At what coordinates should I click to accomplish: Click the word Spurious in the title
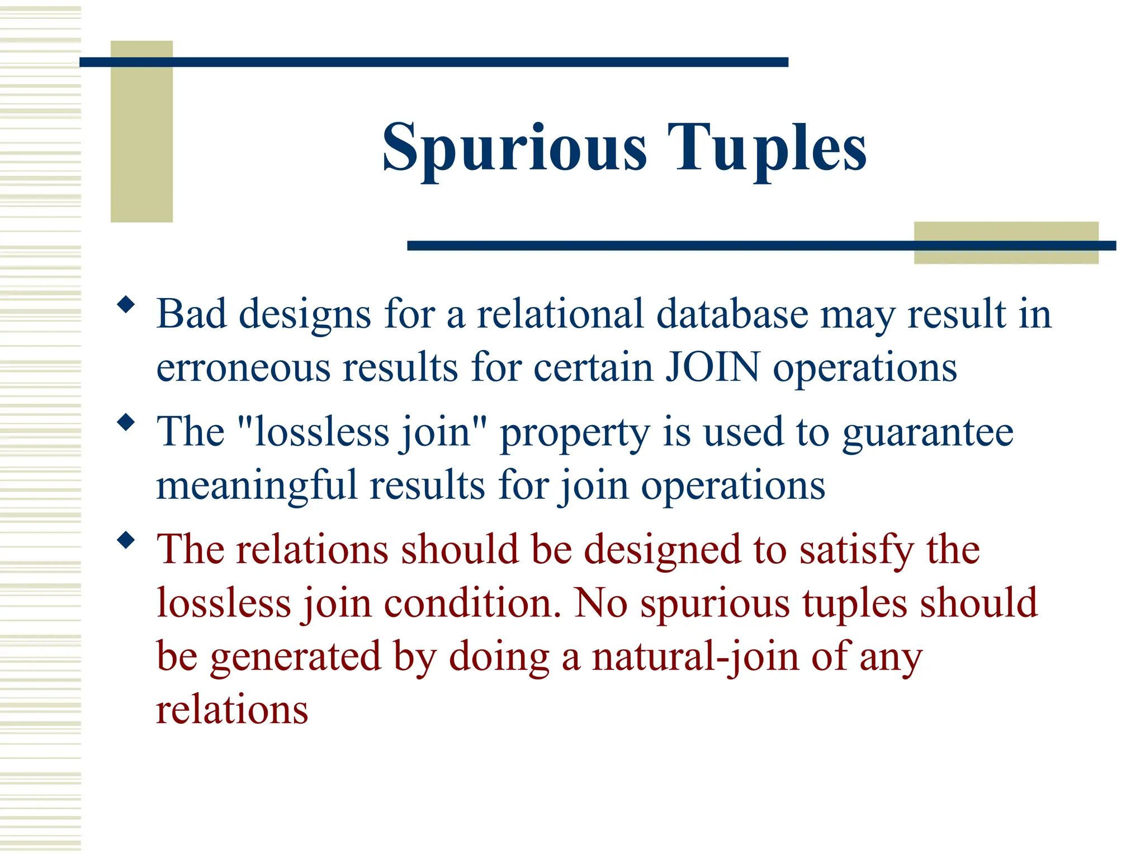[514, 148]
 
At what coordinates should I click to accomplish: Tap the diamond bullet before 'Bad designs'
[126, 305]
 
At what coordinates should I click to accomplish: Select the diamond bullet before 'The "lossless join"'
[126, 422]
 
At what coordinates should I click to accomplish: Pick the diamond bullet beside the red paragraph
[126, 540]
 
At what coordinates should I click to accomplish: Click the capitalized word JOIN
[713, 367]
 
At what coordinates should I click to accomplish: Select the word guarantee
[928, 432]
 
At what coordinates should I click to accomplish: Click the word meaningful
[256, 485]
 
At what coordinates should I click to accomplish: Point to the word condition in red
[472, 603]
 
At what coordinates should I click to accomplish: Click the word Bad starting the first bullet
[192, 314]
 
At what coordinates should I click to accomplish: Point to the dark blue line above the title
[433, 62]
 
